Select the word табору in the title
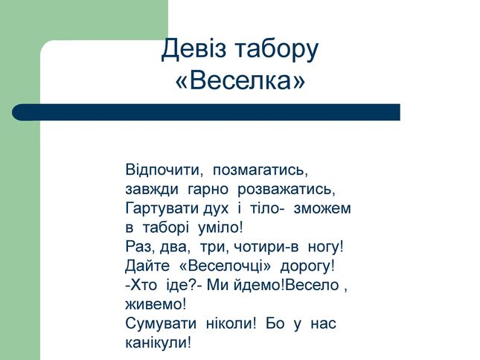pyautogui.click(x=277, y=51)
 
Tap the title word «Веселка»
pyautogui.click(x=240, y=80)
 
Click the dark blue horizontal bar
pyautogui.click(x=206, y=112)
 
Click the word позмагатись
pyautogui.click(x=260, y=170)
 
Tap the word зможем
pyautogui.click(x=322, y=208)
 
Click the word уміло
pyautogui.click(x=220, y=228)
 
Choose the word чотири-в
pyautogui.click(x=266, y=247)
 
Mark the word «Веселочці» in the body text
pyautogui.click(x=225, y=266)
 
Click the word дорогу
pyautogui.click(x=307, y=266)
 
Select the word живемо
pyautogui.click(x=156, y=304)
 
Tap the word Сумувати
pyautogui.click(x=161, y=324)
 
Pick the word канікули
pyautogui.click(x=158, y=343)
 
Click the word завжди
pyautogui.click(x=152, y=190)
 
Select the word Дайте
pyautogui.click(x=147, y=266)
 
